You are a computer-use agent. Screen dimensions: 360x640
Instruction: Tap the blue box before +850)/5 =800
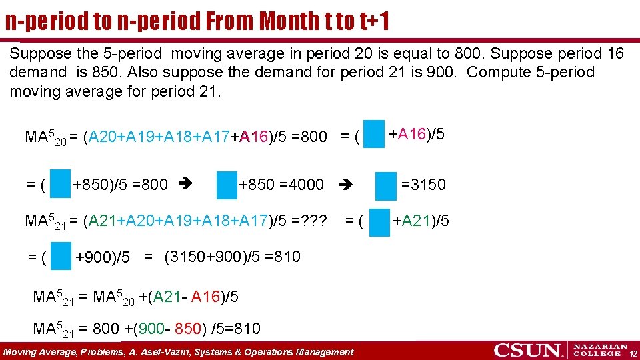(x=61, y=185)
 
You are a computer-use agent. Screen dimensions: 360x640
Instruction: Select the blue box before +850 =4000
(x=227, y=185)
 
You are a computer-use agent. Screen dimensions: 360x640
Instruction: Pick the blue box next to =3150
(x=385, y=185)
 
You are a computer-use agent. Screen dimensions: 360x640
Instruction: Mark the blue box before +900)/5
(x=61, y=257)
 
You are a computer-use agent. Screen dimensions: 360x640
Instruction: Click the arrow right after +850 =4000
(x=345, y=185)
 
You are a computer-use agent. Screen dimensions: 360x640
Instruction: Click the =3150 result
(x=423, y=185)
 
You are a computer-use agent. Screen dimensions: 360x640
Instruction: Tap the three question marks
(x=316, y=221)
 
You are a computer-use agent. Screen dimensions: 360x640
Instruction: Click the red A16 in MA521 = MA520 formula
(x=205, y=297)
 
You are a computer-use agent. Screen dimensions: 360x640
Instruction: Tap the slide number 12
(x=633, y=353)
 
